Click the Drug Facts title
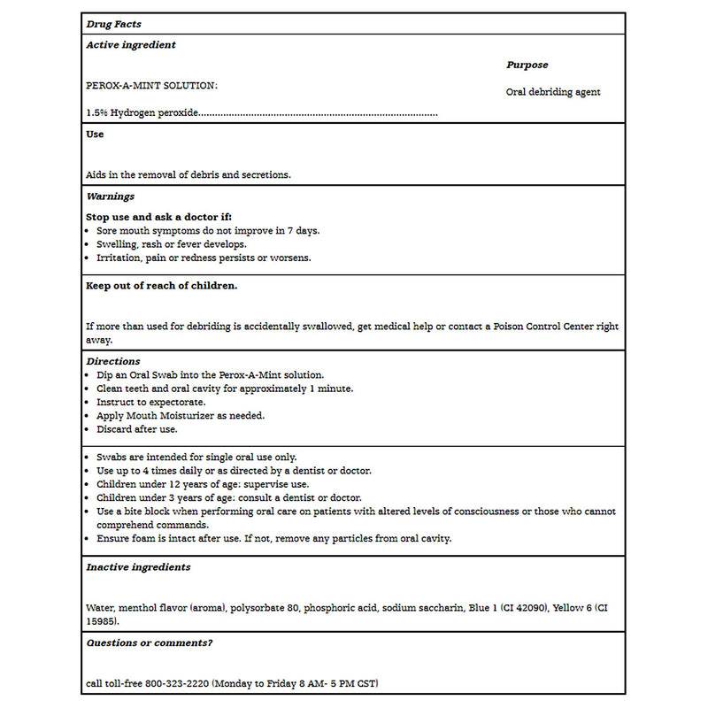(x=113, y=24)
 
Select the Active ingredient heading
(x=131, y=45)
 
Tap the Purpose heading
(x=527, y=65)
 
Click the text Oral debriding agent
(x=553, y=92)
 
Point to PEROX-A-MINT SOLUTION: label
(x=151, y=86)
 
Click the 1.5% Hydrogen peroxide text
(x=142, y=113)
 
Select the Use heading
(x=95, y=135)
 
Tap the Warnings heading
(x=111, y=196)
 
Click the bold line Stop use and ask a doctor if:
(x=158, y=217)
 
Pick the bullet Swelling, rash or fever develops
(x=172, y=244)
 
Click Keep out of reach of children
(x=161, y=286)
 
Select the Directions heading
(x=113, y=361)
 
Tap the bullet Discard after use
(x=137, y=429)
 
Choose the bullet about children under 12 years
(x=203, y=484)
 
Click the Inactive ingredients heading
(x=138, y=567)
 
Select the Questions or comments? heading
(x=150, y=643)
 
